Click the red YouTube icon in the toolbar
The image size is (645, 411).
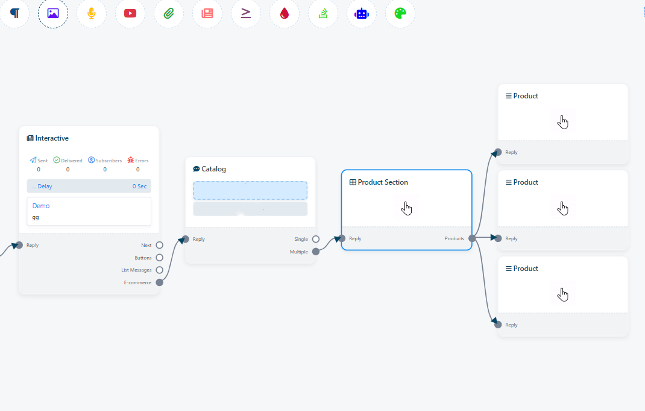[130, 13]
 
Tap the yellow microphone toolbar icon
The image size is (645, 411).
[92, 13]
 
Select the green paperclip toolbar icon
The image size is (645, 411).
[169, 13]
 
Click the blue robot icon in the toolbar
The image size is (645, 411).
[362, 13]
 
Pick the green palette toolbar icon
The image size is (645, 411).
[400, 13]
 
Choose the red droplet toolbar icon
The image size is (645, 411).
[285, 13]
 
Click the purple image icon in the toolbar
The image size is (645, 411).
[53, 13]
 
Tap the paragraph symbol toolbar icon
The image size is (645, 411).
[14, 13]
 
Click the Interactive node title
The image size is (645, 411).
[52, 138]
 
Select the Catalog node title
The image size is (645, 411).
[213, 169]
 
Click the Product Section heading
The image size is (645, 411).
[383, 182]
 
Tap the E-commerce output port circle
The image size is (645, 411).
[159, 282]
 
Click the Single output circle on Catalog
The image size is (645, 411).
[316, 239]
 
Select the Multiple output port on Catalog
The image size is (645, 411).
[316, 252]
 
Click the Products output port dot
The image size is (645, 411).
[472, 238]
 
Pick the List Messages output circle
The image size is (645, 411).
[159, 270]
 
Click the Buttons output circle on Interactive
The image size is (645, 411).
[159, 258]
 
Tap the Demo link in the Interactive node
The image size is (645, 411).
[41, 206]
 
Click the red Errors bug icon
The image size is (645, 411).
[131, 160]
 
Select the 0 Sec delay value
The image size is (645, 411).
[139, 186]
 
